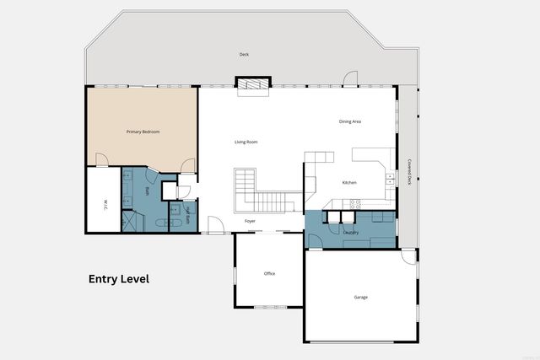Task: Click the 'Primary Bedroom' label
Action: point(143,132)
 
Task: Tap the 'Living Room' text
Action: point(246,142)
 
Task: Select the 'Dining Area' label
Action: point(350,122)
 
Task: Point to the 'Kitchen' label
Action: point(349,183)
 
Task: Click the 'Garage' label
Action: point(360,298)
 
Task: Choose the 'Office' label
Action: point(269,273)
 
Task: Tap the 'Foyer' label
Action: point(250,221)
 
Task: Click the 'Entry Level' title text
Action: point(119,279)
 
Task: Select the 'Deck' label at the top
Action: point(244,55)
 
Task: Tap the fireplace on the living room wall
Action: point(252,83)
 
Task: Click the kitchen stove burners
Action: point(355,202)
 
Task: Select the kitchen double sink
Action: point(390,178)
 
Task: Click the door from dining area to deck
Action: point(350,81)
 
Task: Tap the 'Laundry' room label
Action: point(351,232)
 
